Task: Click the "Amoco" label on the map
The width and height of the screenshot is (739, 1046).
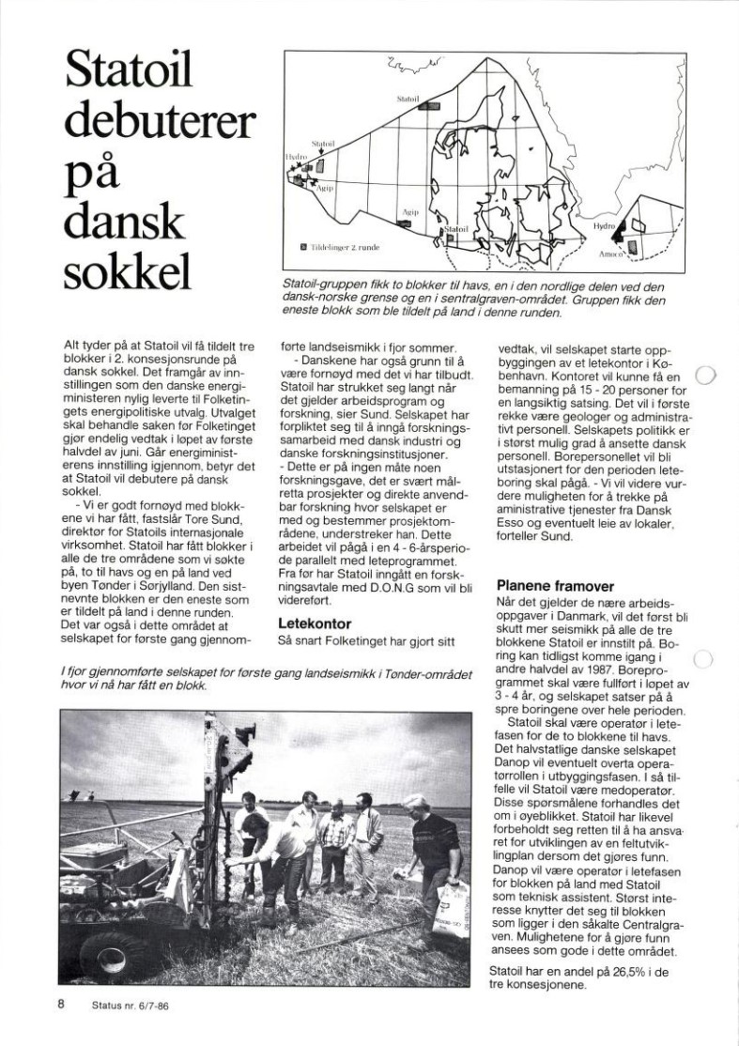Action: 611,254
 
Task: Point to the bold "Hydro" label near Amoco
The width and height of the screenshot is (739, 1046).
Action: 604,226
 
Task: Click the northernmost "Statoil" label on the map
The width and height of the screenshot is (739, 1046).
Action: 408,98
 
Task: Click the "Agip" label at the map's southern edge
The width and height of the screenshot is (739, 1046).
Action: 410,213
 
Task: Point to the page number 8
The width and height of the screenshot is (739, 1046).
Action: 61,1004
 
